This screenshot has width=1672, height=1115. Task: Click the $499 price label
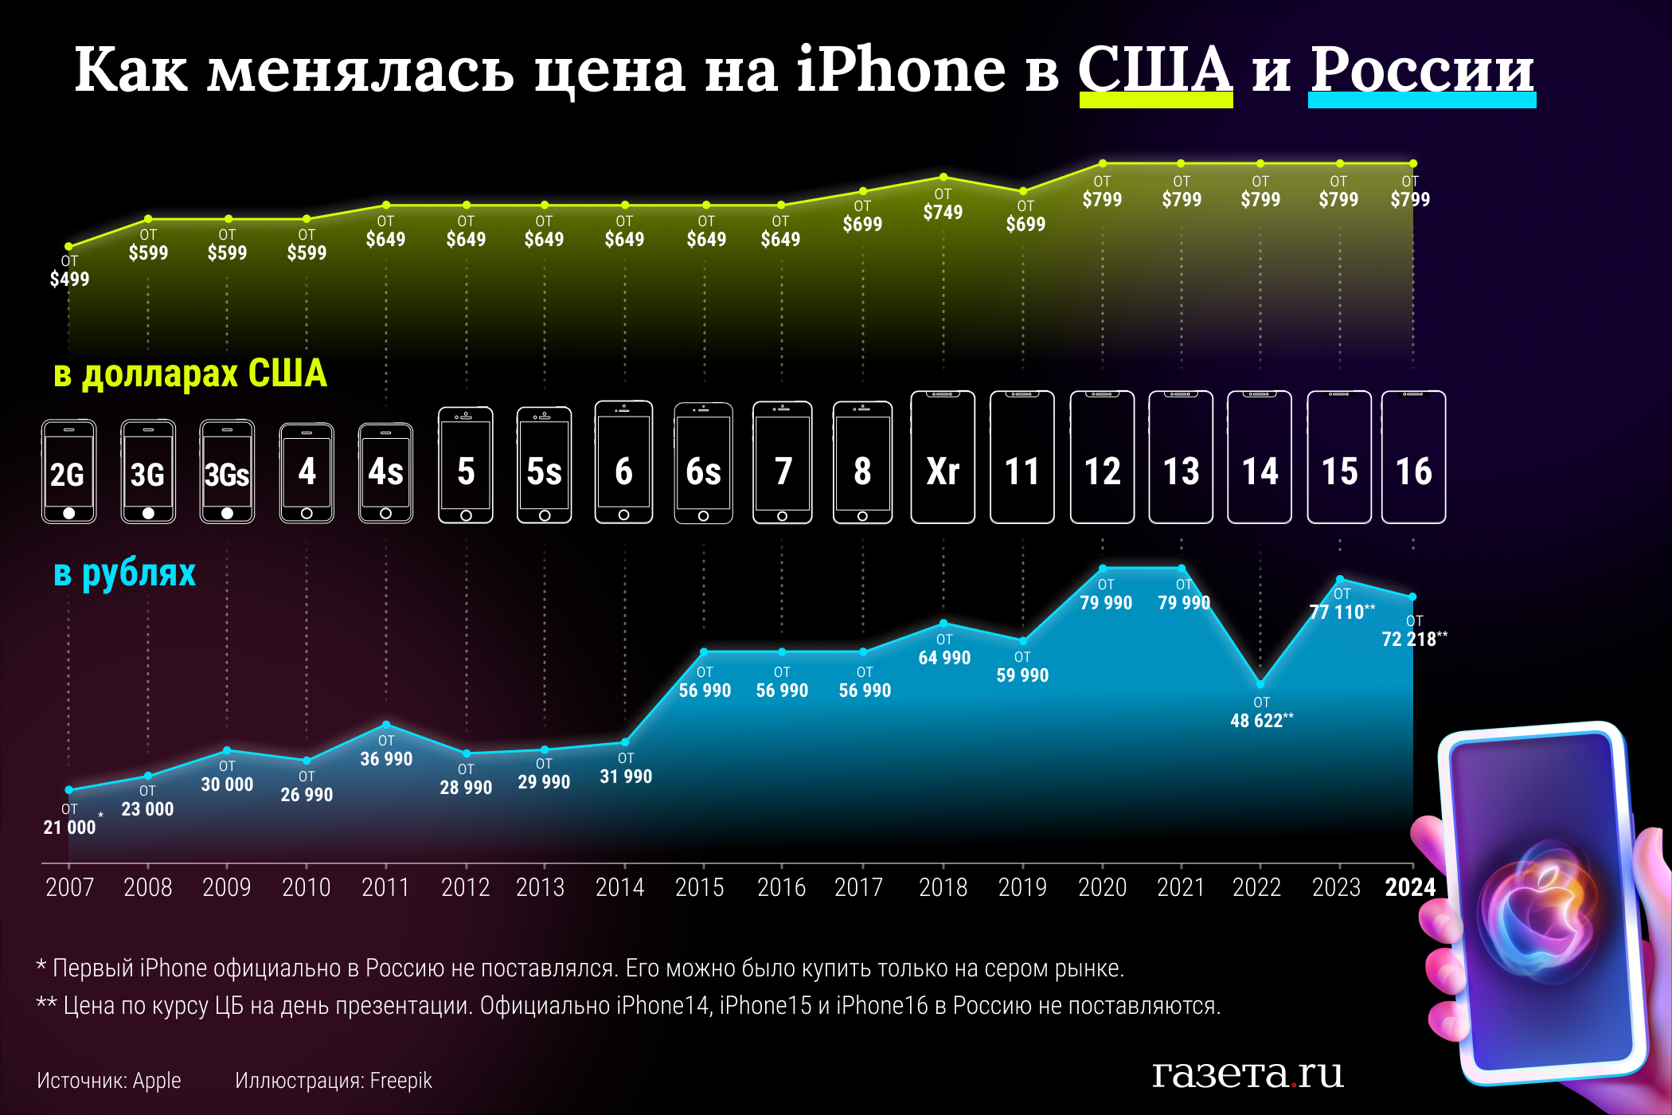pos(69,279)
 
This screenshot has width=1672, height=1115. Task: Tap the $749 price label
pos(943,212)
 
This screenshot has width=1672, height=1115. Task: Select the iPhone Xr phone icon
pos(943,458)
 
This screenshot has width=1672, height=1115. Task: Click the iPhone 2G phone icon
pos(69,471)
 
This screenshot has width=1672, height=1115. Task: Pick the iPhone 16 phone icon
pos(1413,458)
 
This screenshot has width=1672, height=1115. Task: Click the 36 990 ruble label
pos(386,759)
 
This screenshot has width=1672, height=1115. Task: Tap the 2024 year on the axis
pos(1410,887)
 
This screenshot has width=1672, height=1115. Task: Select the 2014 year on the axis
pos(620,887)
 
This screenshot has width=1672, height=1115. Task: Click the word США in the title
pos(1155,70)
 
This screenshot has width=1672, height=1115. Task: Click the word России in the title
pos(1422,70)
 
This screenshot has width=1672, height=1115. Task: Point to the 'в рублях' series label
pos(124,573)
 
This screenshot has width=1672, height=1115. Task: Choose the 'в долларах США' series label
pos(190,374)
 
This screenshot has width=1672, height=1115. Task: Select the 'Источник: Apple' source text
pos(109,1081)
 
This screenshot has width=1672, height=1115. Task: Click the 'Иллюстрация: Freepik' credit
pos(334,1081)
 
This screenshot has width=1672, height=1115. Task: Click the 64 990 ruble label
pos(944,658)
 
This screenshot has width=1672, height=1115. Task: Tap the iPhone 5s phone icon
pos(545,466)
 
